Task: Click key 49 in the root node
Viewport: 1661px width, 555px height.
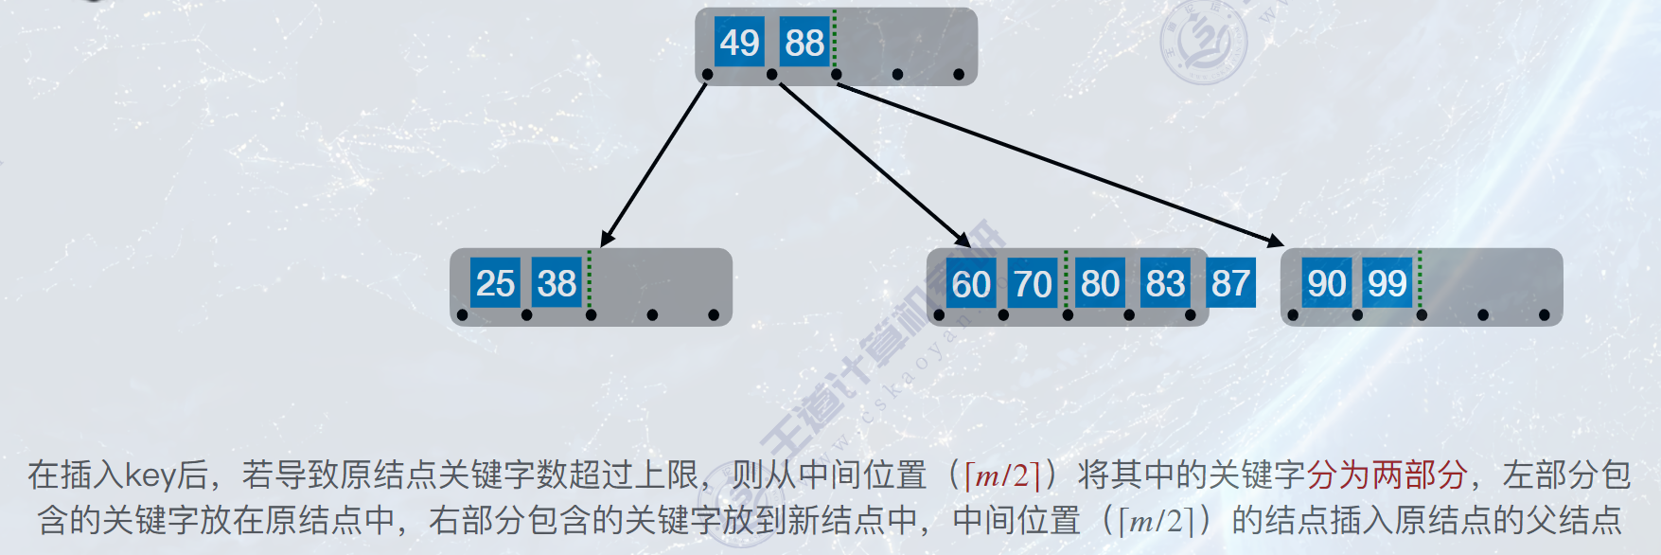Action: pos(739,43)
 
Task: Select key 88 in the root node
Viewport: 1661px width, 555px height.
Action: pos(804,43)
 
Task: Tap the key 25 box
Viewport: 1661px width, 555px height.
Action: pos(495,283)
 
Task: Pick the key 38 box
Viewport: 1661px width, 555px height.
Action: pos(557,283)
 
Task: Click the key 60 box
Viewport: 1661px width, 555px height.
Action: pos(971,284)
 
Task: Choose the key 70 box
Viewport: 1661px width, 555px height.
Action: pos(1033,284)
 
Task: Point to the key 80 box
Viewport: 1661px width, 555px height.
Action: pos(1100,283)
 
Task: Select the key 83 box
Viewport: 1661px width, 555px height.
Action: pos(1165,283)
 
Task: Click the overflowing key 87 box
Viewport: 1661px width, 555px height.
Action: pos(1230,283)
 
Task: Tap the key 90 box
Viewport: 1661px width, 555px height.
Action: pos(1327,283)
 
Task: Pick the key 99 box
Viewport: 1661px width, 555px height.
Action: pos(1387,283)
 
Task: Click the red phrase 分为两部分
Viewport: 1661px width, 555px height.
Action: pos(1387,474)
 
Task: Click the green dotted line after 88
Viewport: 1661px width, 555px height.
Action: pos(835,40)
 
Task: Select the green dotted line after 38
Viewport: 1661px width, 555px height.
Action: pos(589,279)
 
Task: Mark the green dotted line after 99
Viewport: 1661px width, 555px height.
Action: pos(1420,279)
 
